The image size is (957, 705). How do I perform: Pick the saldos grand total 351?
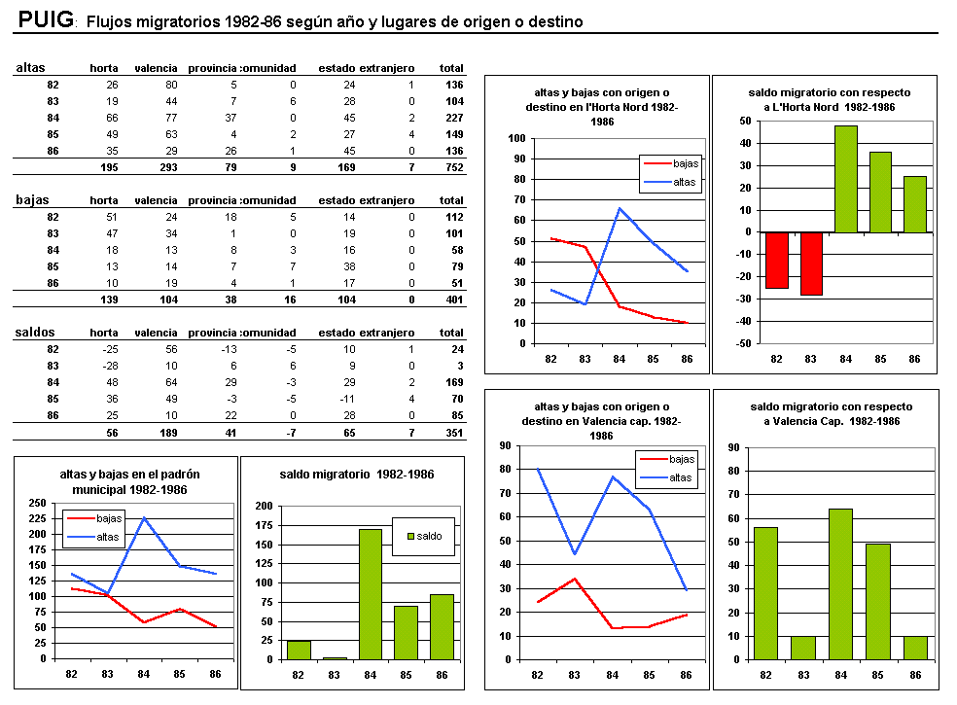click(451, 434)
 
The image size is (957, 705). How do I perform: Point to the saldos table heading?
click(35, 332)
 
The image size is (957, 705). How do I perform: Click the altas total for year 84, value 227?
click(451, 118)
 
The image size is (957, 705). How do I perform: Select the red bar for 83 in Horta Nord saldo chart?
click(810, 264)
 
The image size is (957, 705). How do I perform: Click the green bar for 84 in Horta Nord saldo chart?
click(845, 179)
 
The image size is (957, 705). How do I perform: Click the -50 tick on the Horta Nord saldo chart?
click(745, 344)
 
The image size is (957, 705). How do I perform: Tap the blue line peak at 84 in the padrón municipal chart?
click(144, 518)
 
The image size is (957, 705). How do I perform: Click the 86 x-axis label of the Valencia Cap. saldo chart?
click(914, 674)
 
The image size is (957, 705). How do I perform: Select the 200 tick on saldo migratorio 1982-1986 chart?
click(263, 506)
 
